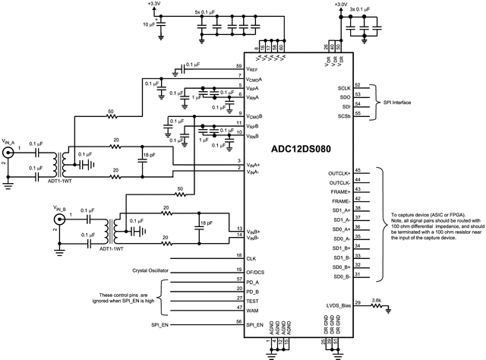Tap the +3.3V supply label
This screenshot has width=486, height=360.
tap(153, 4)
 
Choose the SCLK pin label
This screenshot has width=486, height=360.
tap(344, 89)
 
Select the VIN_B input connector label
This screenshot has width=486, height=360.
tap(61, 207)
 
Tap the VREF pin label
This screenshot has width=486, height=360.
tap(254, 68)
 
